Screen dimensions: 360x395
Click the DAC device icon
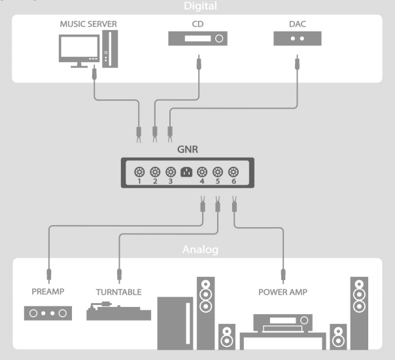tap(298, 39)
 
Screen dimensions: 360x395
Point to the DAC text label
tap(298, 24)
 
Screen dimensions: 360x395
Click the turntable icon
tap(118, 310)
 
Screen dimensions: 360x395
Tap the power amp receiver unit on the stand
tap(283, 322)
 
